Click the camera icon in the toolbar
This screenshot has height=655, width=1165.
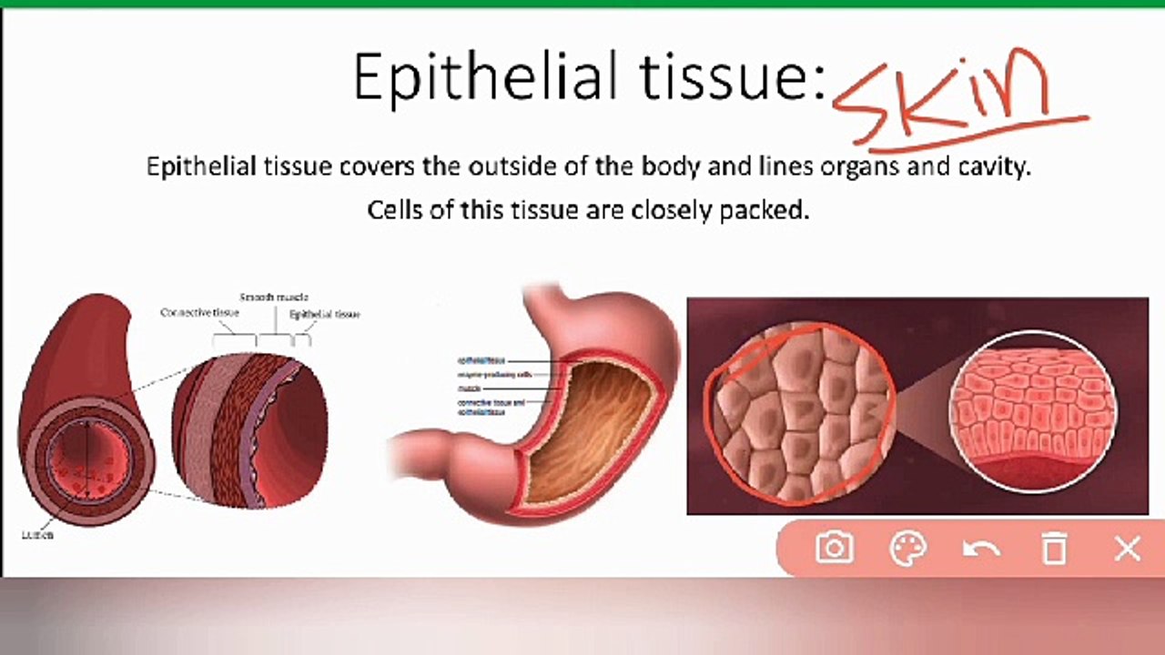click(835, 548)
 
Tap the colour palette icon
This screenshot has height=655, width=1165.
click(907, 549)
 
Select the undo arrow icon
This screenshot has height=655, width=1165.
click(981, 549)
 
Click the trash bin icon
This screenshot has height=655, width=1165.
click(1054, 549)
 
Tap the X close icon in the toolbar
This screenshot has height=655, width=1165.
click(1128, 549)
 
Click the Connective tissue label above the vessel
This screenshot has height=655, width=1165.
click(199, 313)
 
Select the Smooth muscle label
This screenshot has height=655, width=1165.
click(274, 297)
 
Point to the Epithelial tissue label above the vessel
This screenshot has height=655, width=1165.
click(324, 315)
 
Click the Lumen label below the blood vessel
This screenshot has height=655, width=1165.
click(37, 535)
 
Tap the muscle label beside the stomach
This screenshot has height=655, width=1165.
click(470, 388)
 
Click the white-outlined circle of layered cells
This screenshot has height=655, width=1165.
click(1032, 412)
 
